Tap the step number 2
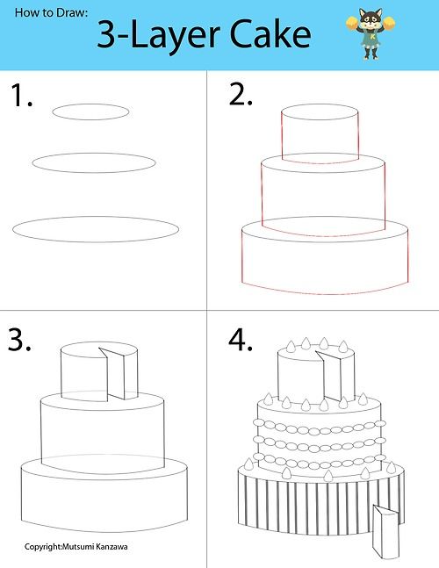[241, 95]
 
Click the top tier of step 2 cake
[320, 136]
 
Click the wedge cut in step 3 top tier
[113, 373]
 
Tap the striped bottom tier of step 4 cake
[299, 509]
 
